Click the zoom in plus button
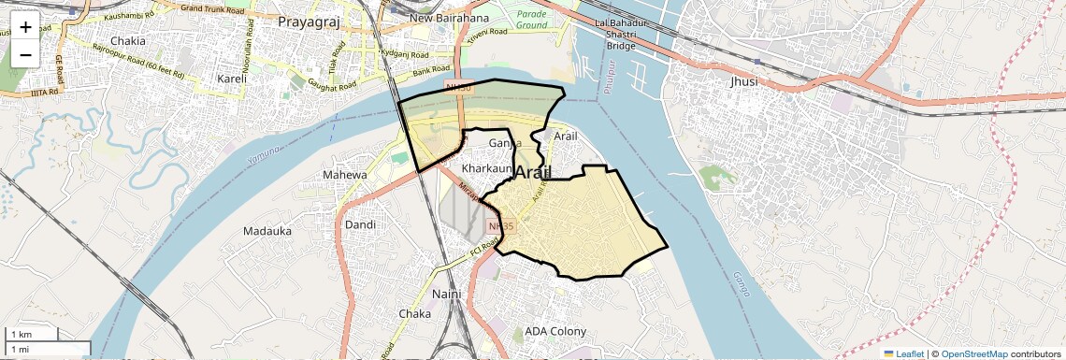(x=25, y=27)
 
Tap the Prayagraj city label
(x=303, y=20)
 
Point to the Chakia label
(x=128, y=41)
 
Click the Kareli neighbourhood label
(x=231, y=79)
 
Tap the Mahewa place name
(x=346, y=175)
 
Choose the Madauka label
(x=267, y=231)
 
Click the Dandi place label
(x=360, y=224)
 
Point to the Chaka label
(x=415, y=313)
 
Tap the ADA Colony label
(x=555, y=332)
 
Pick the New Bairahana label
(x=449, y=19)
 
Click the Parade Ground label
(x=531, y=19)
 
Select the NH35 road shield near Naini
(x=501, y=225)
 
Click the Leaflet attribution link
(x=904, y=353)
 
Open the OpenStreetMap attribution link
(x=974, y=353)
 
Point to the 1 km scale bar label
(x=22, y=335)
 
